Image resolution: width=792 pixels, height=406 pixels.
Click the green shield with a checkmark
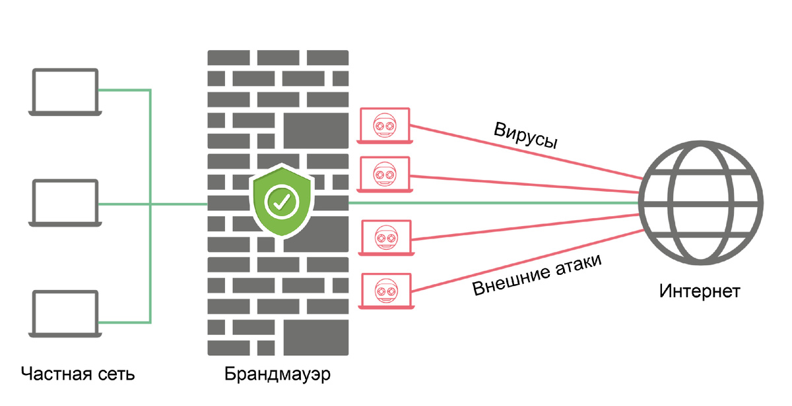click(282, 200)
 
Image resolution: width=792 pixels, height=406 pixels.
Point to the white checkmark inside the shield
click(282, 202)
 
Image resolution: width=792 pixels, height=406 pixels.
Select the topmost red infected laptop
click(385, 126)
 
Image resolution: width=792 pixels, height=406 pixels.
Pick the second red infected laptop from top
click(385, 175)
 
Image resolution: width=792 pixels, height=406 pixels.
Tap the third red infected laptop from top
click(386, 237)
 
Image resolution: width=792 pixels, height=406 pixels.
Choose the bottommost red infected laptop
click(386, 291)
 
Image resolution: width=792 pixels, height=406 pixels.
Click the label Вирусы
click(526, 136)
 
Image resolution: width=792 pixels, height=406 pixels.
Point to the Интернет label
click(700, 291)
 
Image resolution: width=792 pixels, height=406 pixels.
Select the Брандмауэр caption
click(278, 374)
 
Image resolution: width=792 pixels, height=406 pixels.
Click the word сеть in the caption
click(117, 375)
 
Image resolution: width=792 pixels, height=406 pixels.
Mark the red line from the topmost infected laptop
click(526, 152)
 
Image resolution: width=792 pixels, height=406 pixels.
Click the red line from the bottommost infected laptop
click(527, 261)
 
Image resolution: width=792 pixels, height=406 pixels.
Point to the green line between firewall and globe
click(494, 203)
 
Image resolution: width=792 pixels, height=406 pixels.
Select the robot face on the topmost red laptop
click(385, 125)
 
